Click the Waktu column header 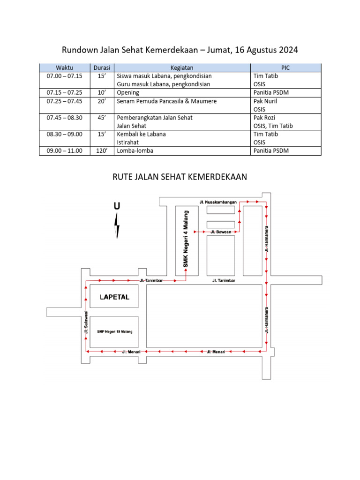pos(64,67)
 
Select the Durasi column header pos(102,67)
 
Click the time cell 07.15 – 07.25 pos(64,92)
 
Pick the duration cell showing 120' pos(102,150)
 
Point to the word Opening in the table pos(128,92)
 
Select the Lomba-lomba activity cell pos(135,150)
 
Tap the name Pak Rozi pos(264,118)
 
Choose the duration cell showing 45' pos(102,118)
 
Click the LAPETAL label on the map pos(114,297)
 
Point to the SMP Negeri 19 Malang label pos(114,331)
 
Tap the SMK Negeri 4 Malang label pos(186,239)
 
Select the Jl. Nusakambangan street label pos(218,202)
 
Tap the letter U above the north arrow pos(117,205)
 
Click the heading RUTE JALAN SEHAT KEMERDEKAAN pos(180,177)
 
